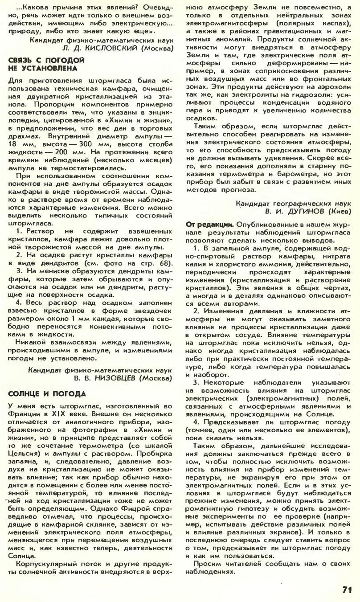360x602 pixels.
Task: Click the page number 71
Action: point(348,589)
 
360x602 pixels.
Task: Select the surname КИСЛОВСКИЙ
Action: point(109,48)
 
